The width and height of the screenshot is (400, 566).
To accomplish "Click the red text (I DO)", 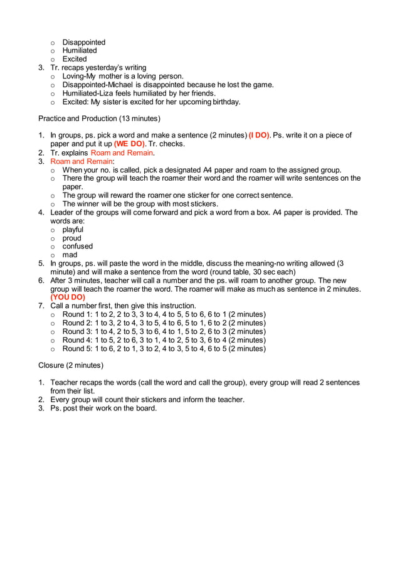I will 260,135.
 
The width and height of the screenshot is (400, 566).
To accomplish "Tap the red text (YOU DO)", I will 68,297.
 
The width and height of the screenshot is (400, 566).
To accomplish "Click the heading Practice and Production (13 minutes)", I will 99,118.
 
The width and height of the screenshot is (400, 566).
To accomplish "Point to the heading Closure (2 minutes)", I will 71,365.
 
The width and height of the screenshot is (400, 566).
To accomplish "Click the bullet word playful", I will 73,230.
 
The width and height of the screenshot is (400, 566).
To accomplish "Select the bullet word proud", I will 72,238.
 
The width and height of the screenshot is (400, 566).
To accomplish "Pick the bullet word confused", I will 77,247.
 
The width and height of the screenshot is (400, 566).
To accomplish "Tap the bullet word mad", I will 70,255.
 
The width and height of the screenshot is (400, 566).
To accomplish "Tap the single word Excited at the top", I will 75,59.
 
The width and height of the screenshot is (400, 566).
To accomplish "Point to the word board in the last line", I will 145,408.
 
